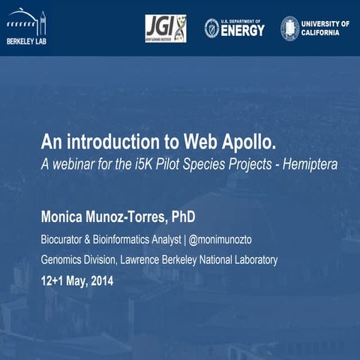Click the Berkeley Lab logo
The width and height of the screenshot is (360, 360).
pyautogui.click(x=26, y=28)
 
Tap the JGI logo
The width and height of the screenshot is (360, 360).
pyautogui.click(x=165, y=28)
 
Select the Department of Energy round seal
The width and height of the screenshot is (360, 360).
pyautogui.click(x=212, y=28)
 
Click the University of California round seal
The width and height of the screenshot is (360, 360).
pyautogui.click(x=289, y=28)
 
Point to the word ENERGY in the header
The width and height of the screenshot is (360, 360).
pyautogui.click(x=244, y=31)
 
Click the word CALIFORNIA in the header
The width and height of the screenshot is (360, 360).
pyautogui.click(x=325, y=33)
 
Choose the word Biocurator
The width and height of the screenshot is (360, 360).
pyautogui.click(x=64, y=241)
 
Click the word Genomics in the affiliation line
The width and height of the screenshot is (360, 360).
pyautogui.click(x=61, y=260)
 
